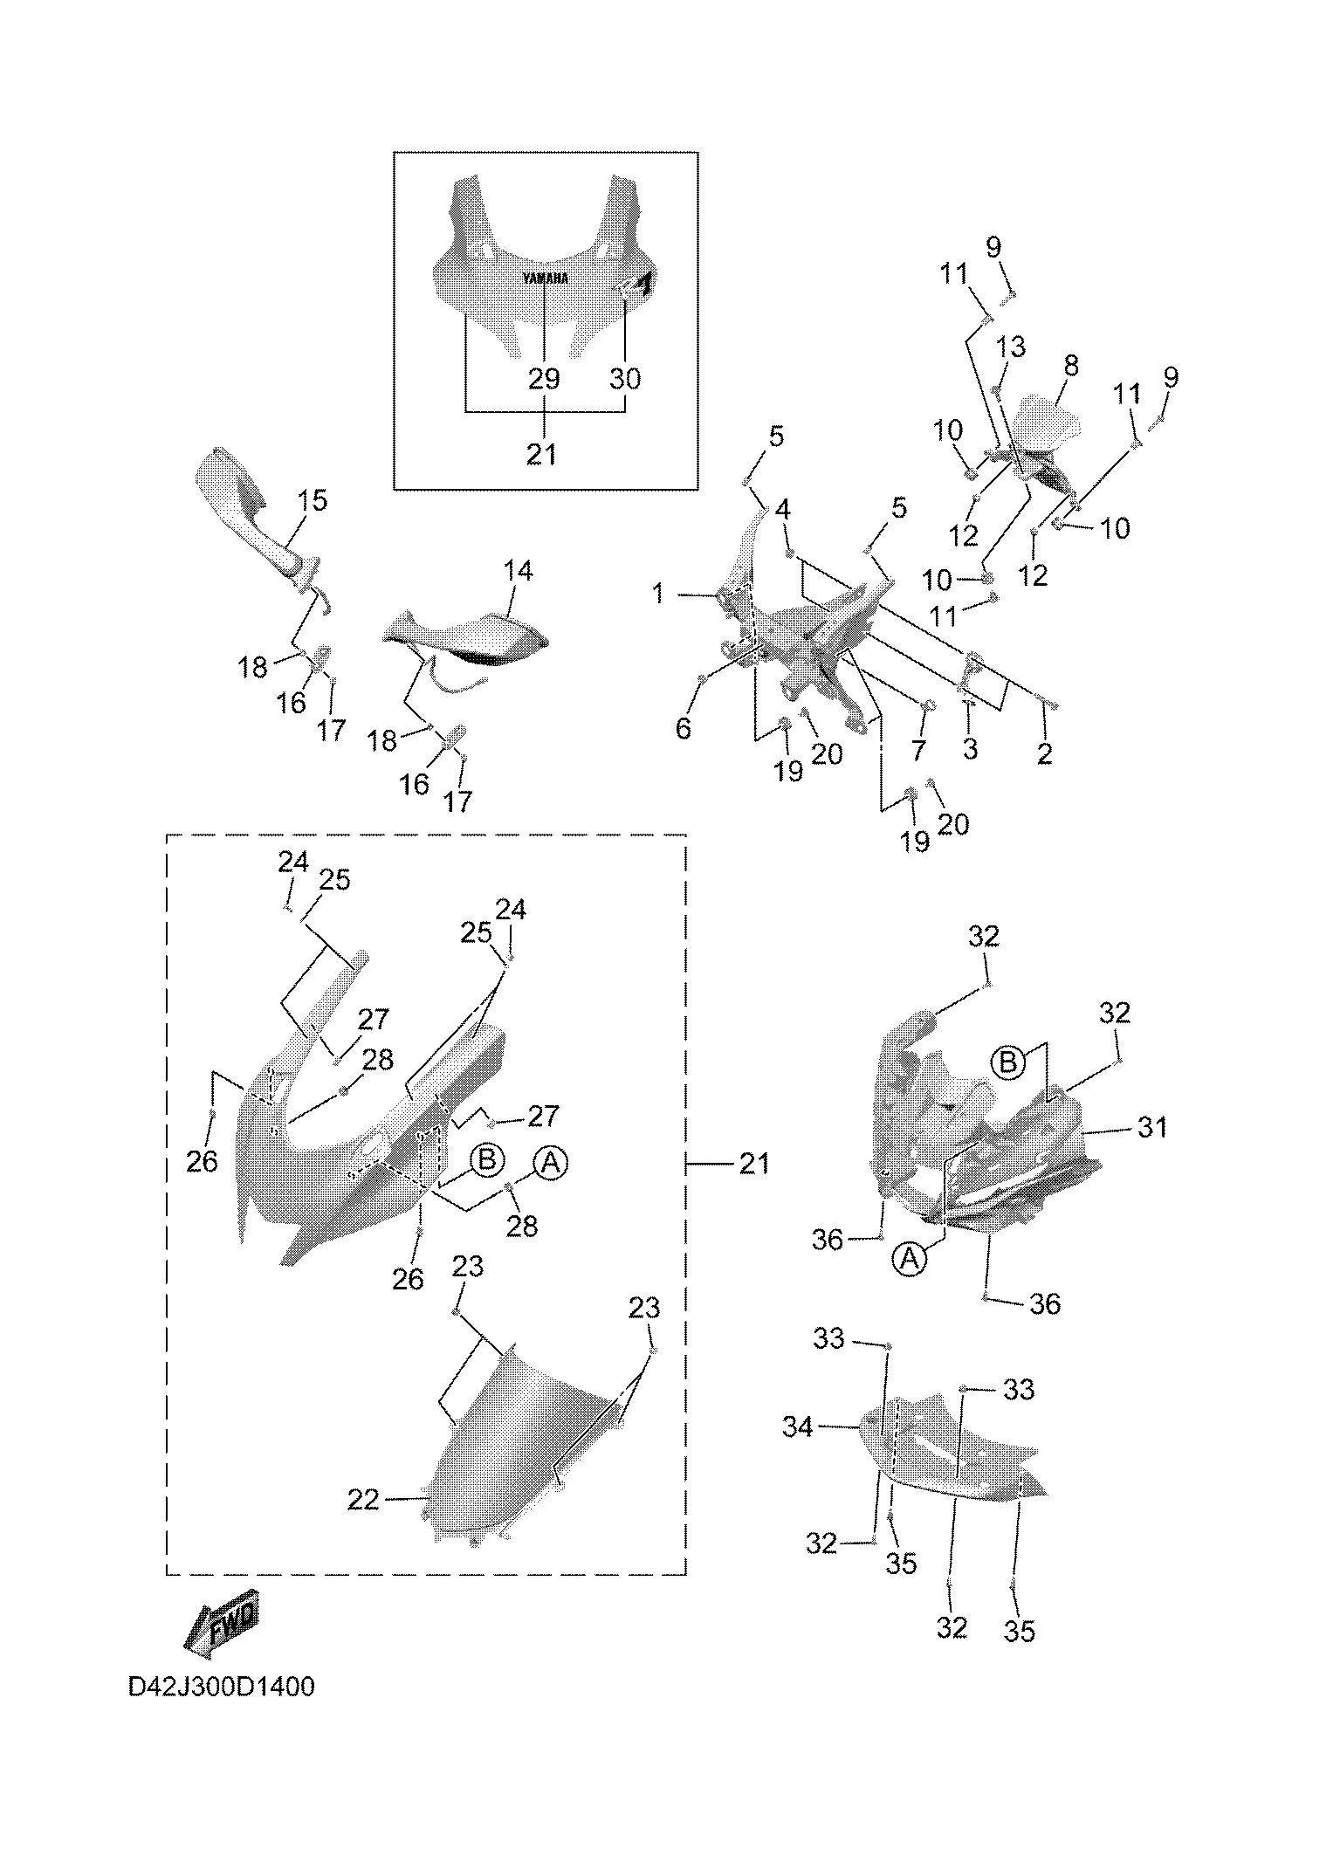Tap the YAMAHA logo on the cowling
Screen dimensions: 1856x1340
point(546,278)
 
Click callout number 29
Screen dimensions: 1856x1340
point(543,379)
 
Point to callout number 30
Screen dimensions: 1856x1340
point(625,379)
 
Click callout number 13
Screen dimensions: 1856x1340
point(1011,347)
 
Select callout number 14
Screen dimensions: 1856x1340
point(518,571)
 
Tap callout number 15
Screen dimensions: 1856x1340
point(312,501)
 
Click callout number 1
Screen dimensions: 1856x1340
point(657,595)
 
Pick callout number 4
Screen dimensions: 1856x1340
point(782,508)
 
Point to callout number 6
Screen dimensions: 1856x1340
point(683,727)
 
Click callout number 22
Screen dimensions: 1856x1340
point(363,1500)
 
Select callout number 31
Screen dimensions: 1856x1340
point(1152,1127)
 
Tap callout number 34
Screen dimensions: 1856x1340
point(798,1426)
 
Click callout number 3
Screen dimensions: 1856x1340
point(970,748)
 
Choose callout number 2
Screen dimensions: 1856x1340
point(1045,753)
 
